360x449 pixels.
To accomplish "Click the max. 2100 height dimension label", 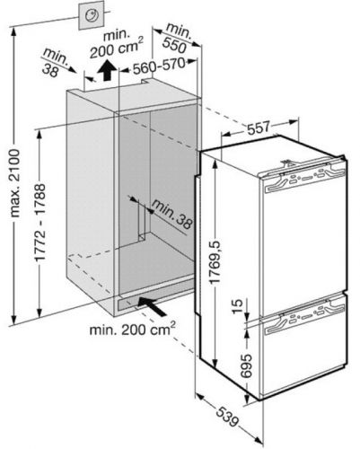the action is (x=14, y=183).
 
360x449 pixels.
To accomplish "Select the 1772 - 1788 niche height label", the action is (x=40, y=222).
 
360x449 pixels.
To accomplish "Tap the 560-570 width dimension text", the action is (x=158, y=66).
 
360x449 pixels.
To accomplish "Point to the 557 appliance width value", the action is (x=259, y=128).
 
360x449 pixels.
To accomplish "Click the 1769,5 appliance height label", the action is (x=215, y=261).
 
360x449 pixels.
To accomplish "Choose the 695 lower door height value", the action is (x=246, y=366).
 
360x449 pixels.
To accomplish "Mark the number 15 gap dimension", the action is (x=238, y=306).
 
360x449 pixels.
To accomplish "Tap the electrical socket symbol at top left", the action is (x=92, y=15).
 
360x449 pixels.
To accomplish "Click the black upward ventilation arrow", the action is (x=107, y=70).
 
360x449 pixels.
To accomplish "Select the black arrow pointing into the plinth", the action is (x=152, y=306).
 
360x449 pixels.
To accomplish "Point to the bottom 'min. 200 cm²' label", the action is (x=132, y=329).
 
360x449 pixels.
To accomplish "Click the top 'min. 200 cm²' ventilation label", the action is (x=117, y=44).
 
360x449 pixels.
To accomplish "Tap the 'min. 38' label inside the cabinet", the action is (x=171, y=214).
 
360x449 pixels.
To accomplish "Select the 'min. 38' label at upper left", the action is (x=55, y=65).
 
